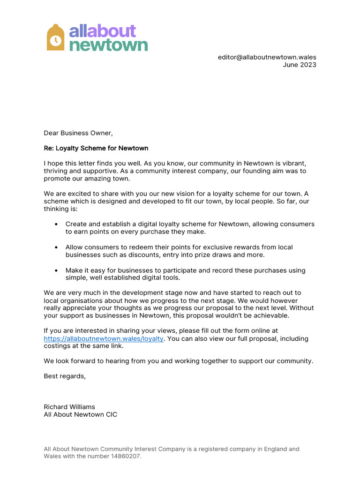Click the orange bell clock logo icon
coord(55,37)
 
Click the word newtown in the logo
coord(108,45)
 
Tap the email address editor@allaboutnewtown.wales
coord(267,57)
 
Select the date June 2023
coord(299,65)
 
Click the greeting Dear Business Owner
coord(78,133)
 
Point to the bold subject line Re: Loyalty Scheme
coord(96,148)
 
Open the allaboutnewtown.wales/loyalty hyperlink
coord(104,338)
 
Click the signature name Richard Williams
coord(69,407)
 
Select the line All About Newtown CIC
coord(81,414)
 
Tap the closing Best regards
coord(65,376)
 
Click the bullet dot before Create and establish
coord(56,225)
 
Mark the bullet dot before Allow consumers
coord(56,247)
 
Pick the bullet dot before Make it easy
coord(56,270)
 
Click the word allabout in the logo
coord(102,31)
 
